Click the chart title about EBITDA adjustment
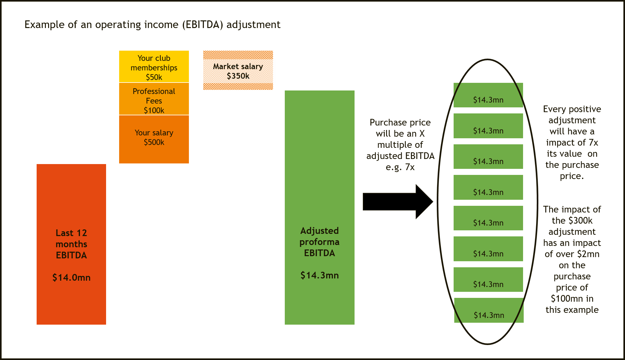pos(153,25)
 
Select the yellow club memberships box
pos(154,67)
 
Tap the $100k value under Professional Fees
pos(154,111)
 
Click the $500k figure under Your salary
pos(154,142)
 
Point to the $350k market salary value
pos(238,76)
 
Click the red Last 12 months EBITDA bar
pos(71,198)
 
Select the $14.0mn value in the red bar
pos(71,277)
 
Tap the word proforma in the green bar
pos(319,242)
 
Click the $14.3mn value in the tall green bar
pos(320,275)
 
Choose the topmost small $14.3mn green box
pos(488,95)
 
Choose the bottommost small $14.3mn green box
pos(489,310)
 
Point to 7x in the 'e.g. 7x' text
pos(410,167)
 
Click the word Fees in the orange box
pos(154,101)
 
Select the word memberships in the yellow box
pos(154,68)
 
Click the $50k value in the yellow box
pos(154,77)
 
